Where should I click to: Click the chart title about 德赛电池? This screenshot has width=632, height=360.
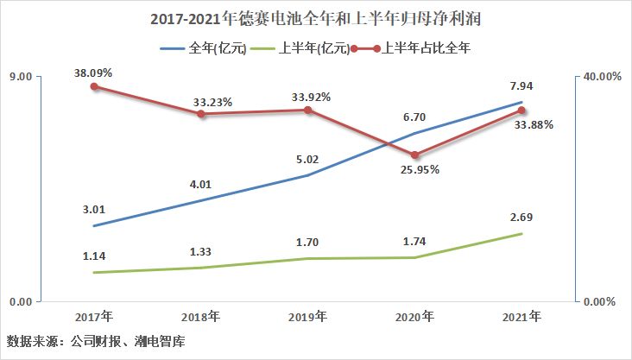(315, 18)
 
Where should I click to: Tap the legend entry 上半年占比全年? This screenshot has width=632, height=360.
(406, 48)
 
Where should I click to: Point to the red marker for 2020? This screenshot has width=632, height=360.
(414, 155)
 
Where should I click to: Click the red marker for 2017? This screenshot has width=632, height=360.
(93, 86)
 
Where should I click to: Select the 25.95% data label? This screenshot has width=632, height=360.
(419, 170)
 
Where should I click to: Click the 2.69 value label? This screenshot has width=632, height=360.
(521, 217)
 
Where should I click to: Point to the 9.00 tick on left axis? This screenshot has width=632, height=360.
(20, 77)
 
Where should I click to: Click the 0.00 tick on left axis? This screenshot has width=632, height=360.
(20, 300)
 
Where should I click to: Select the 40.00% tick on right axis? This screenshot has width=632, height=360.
(603, 77)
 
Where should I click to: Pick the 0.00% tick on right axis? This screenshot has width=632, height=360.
(599, 301)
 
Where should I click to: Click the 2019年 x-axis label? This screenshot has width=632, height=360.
(307, 317)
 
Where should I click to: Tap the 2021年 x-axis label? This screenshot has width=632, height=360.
(521, 317)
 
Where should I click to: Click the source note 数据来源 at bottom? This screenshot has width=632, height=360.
(96, 341)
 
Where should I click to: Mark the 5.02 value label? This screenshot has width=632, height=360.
(307, 159)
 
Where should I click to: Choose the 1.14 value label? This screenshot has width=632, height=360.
(93, 256)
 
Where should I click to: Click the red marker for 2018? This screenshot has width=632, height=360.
(200, 114)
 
